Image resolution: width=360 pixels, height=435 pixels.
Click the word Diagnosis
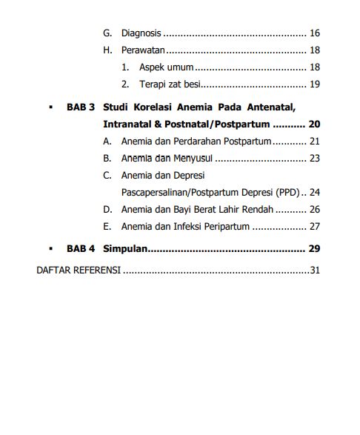141,33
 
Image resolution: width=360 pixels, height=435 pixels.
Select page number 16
314,33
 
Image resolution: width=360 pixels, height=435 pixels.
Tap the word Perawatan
143,50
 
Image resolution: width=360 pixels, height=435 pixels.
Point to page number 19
314,84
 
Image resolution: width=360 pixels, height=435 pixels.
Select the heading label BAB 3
81,107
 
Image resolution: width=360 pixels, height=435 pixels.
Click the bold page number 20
314,124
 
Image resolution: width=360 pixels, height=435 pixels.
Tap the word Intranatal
130,124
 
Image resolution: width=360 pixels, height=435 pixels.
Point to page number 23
314,158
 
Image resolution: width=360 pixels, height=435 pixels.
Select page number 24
314,192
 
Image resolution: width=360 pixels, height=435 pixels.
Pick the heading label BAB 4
81,248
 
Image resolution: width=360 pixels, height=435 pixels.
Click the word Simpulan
126,248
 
